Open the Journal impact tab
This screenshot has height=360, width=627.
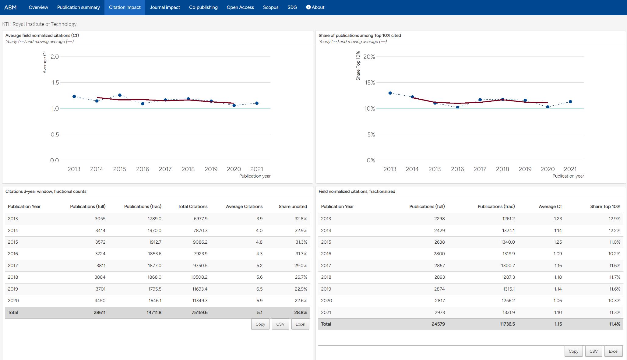[165, 7]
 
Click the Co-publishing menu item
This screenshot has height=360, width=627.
[203, 7]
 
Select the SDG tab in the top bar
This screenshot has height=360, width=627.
[292, 7]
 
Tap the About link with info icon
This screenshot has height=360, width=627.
[315, 7]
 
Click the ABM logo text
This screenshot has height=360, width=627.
[10, 7]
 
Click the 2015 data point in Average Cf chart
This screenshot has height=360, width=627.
[120, 95]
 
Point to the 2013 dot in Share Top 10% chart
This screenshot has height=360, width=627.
[390, 93]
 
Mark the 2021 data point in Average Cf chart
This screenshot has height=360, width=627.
[257, 103]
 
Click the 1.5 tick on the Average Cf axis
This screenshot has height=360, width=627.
[55, 83]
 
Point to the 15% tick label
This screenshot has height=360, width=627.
[370, 83]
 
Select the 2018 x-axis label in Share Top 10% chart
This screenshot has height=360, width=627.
[502, 169]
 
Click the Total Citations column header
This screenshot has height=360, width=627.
[192, 206]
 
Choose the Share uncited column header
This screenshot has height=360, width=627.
[293, 206]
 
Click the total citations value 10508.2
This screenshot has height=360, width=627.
[199, 277]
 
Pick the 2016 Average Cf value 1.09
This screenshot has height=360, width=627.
[558, 254]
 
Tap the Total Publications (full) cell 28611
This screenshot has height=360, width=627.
[100, 312]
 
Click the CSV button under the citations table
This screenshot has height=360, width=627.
[280, 324]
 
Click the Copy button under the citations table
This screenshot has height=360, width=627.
[260, 324]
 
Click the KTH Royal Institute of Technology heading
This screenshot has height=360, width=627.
[39, 24]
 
